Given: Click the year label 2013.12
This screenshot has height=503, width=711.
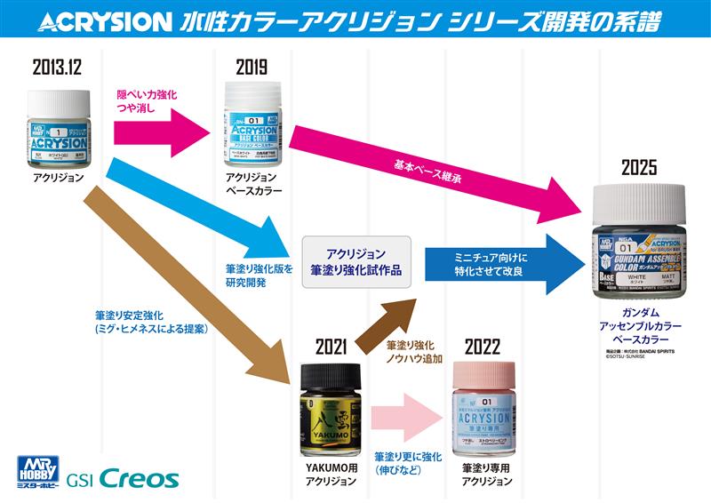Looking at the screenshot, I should click(x=57, y=64).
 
